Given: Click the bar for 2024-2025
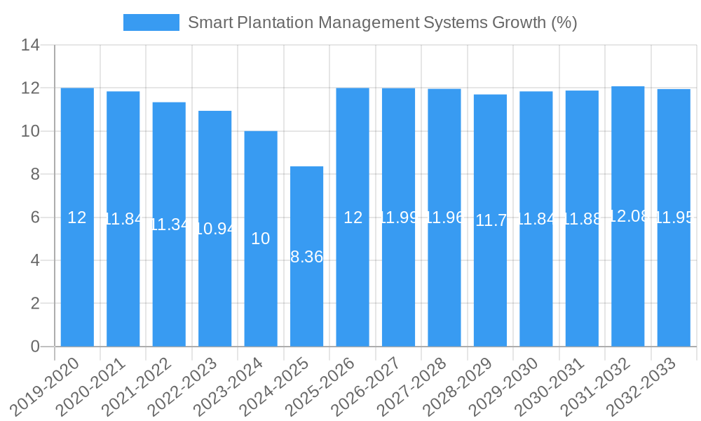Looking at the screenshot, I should (x=307, y=256).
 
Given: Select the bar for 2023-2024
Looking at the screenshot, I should (x=261, y=239).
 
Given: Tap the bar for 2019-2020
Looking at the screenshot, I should (x=77, y=217).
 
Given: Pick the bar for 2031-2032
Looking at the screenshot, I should (x=628, y=216).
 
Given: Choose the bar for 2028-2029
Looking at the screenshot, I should (x=490, y=220).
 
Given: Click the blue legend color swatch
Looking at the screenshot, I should (x=151, y=22).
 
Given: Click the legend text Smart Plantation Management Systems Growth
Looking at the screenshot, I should (x=382, y=22).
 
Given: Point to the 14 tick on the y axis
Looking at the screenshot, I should (x=30, y=46).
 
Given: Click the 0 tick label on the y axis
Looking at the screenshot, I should (x=34, y=347).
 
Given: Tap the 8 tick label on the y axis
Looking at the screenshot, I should (x=34, y=174).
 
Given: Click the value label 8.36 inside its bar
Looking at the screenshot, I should (x=307, y=257).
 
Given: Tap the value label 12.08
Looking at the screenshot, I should (x=629, y=216).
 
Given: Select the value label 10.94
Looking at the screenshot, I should (x=215, y=228).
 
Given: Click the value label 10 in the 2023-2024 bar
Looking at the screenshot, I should (x=261, y=239).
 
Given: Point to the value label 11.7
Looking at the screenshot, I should (x=491, y=220).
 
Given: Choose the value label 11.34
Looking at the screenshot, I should (x=169, y=225).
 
